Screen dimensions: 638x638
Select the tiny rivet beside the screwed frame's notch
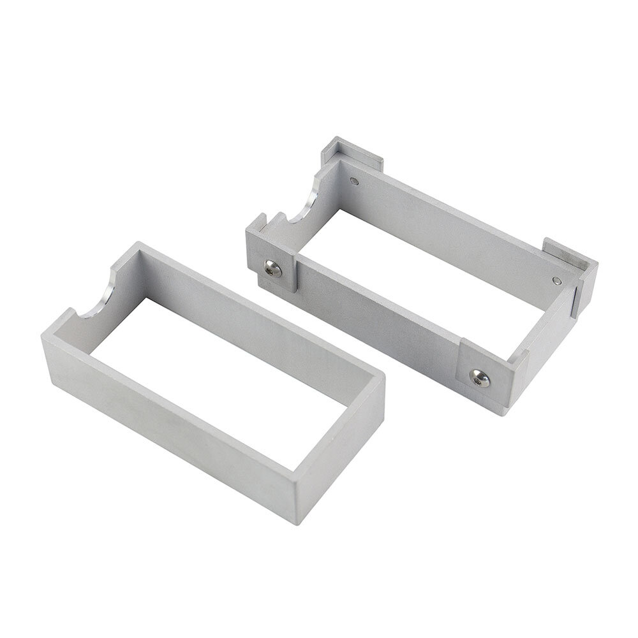click(x=355, y=182)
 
